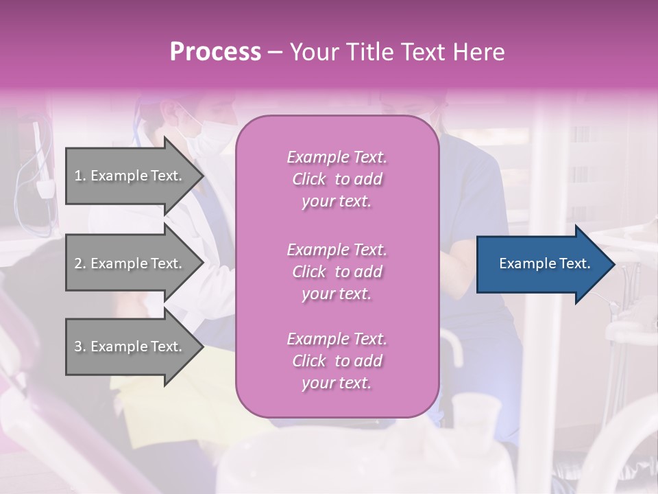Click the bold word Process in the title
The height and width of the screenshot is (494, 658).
[215, 52]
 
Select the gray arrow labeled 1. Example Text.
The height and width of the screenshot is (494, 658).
[130, 176]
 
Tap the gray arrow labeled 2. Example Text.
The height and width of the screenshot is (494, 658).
[130, 263]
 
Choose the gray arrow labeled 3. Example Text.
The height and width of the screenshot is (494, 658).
[130, 346]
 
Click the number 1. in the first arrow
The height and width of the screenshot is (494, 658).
[80, 176]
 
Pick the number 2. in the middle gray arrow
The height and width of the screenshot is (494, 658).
[80, 263]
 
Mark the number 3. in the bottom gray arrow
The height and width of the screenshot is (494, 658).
[80, 346]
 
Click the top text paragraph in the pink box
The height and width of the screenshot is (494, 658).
[337, 179]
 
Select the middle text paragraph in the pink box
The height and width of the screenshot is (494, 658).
[337, 272]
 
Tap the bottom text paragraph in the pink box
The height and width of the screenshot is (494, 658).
[337, 361]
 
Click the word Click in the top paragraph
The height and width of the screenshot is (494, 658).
[309, 180]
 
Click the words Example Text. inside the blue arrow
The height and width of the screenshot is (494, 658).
[544, 263]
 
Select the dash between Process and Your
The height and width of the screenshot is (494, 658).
[275, 52]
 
